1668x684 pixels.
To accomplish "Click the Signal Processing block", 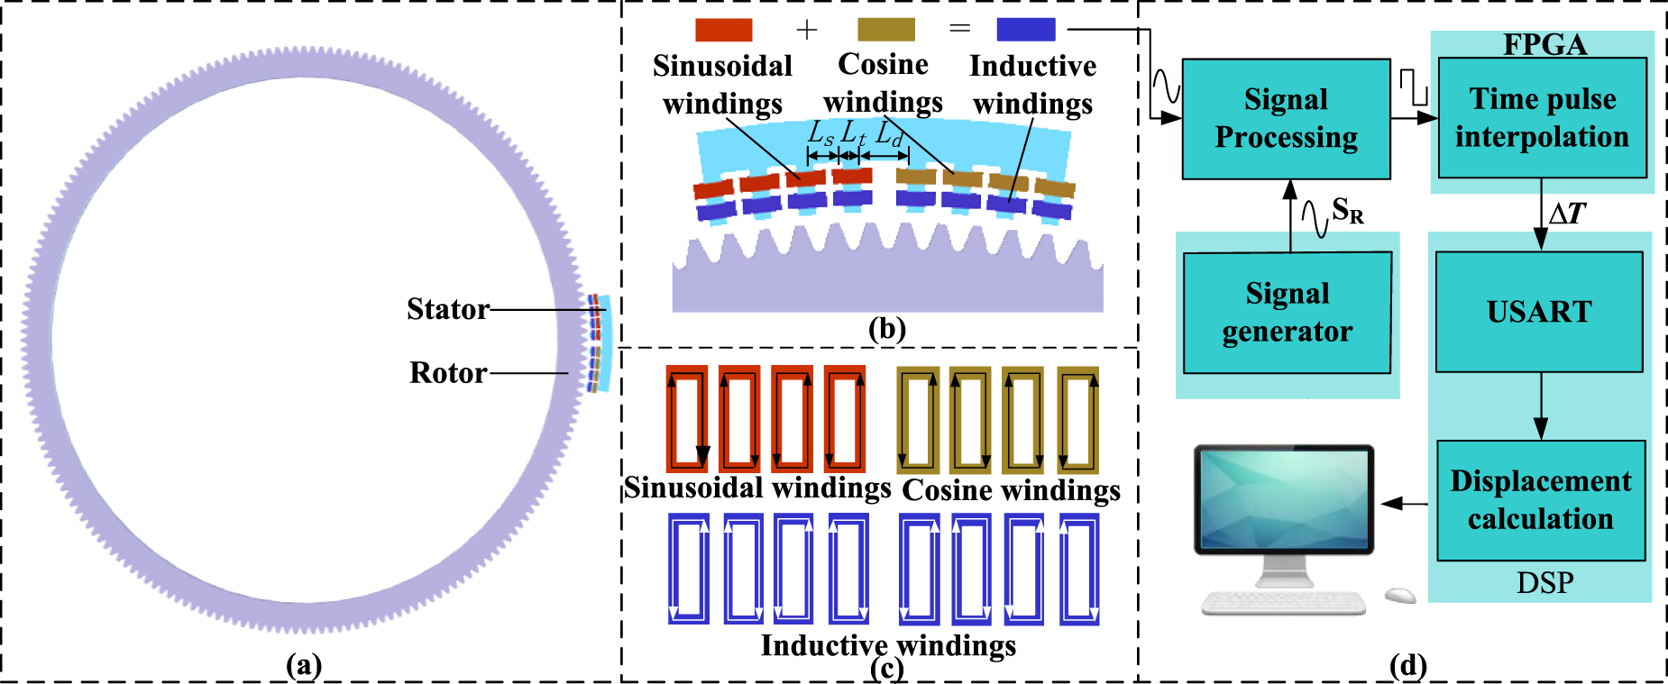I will point(1286,119).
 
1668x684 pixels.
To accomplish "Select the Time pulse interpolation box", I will point(1542,118).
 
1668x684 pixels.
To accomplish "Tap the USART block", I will point(1539,312).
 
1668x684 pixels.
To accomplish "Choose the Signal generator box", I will point(1287,313).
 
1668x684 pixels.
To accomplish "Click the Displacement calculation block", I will point(1541,500).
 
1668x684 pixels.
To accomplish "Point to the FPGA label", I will point(1544,44).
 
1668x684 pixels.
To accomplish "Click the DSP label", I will point(1544,583).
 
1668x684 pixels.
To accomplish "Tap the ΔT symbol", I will point(1567,214).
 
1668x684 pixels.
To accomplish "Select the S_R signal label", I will point(1347,211).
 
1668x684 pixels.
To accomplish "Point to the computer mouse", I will point(1400,595).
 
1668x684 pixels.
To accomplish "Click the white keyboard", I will point(1283,602).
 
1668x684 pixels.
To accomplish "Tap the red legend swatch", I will point(723,30).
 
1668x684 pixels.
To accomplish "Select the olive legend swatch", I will point(885,30).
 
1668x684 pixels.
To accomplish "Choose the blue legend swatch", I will point(1025,30).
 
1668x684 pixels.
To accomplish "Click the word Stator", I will point(447,309).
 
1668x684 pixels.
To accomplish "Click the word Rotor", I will point(448,373).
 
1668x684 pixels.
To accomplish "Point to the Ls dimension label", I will point(820,135).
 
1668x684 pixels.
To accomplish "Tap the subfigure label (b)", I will point(886,329).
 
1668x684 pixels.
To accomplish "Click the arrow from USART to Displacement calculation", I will point(1541,406).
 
